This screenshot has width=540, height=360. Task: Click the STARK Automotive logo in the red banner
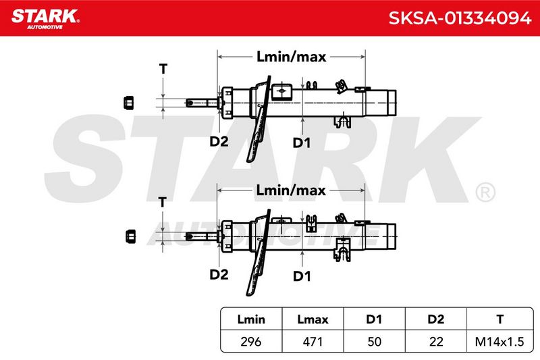45,19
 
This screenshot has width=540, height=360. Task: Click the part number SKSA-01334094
460,18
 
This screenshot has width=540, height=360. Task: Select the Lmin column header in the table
251,319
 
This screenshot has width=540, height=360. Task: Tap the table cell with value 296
251,342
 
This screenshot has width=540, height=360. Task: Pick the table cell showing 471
313,342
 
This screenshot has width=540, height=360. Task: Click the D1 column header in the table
374,319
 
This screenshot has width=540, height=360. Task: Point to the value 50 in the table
375,342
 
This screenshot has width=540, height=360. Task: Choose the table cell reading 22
436,342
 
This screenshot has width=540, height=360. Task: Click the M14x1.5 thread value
500,342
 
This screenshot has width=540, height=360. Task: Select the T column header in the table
500,319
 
